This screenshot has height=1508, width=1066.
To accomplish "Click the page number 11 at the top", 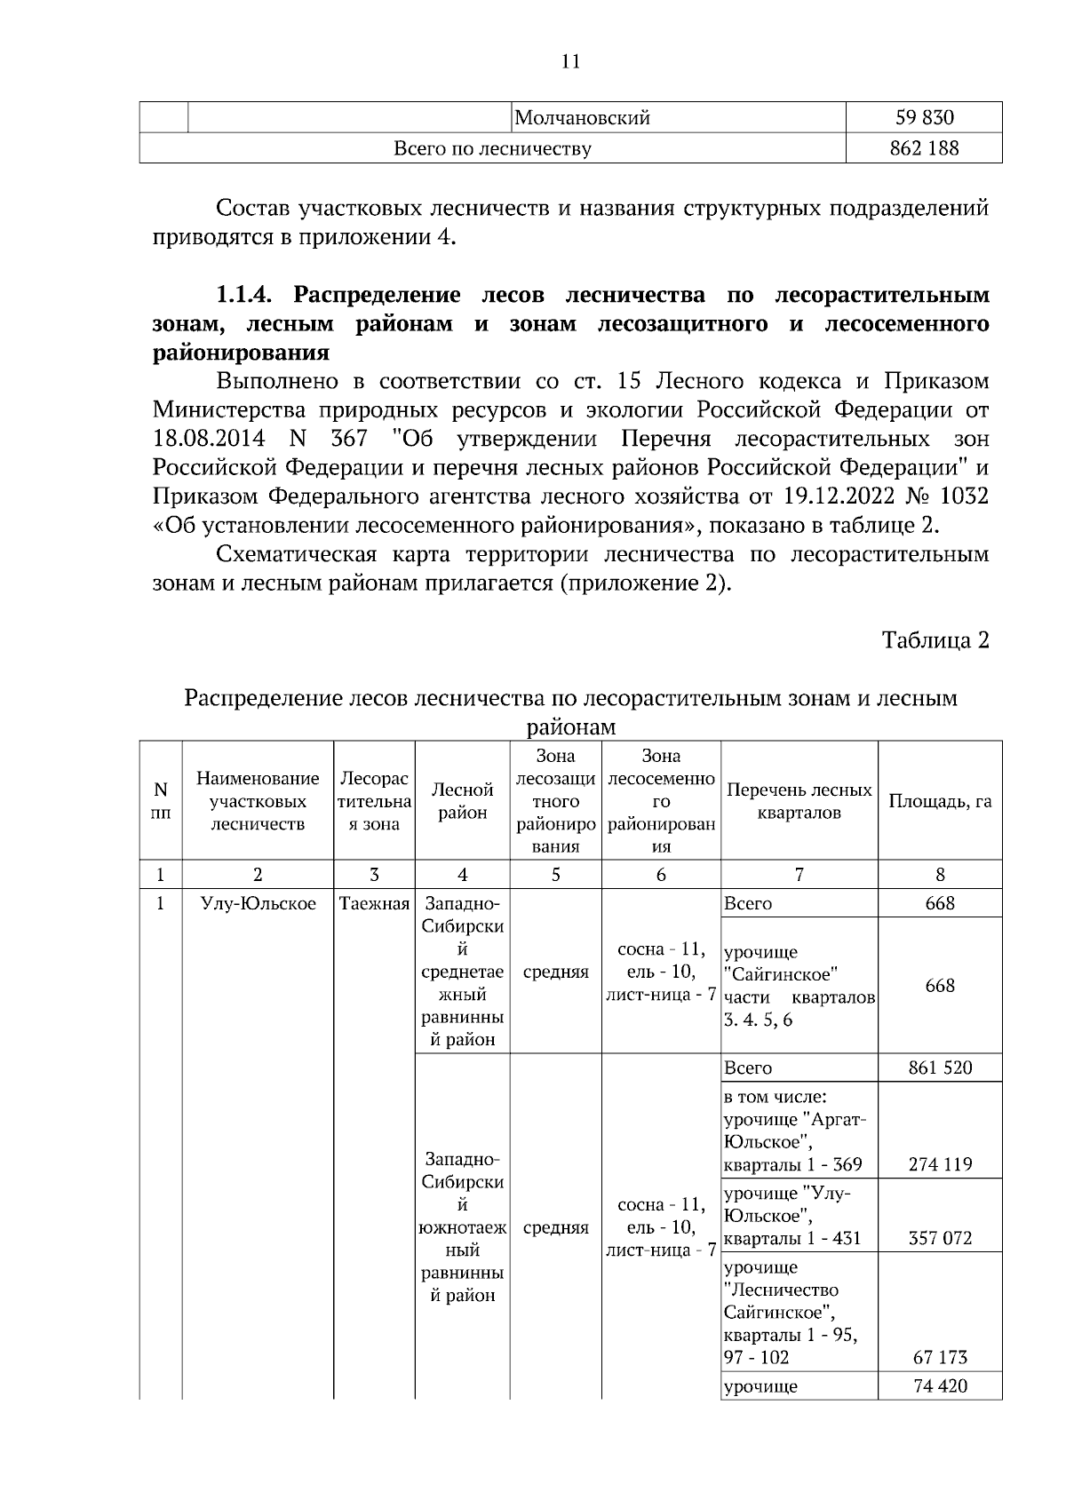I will tap(570, 61).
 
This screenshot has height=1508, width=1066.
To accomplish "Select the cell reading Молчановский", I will tap(583, 118).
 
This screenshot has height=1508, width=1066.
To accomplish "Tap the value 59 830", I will tap(924, 118).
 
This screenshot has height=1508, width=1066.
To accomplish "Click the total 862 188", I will tap(924, 148).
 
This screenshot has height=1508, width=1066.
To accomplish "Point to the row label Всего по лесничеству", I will tap(492, 148).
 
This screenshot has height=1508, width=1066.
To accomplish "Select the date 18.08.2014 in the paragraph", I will tap(206, 440).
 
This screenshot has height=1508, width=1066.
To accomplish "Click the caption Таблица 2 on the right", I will tap(935, 641).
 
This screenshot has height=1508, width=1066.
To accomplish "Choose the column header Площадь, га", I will tap(940, 801).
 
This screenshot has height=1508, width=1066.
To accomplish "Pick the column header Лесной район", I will tap(462, 801).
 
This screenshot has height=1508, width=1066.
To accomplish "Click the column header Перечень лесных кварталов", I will tap(799, 801).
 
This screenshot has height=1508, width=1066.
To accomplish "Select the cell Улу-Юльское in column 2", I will tap(258, 904).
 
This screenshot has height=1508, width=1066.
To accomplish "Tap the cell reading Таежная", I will tap(374, 904).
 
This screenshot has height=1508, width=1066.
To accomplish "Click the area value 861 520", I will tap(940, 1068).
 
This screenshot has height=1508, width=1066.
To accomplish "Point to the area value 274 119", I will tap(940, 1164).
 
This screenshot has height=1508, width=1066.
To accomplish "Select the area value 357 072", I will tap(940, 1238).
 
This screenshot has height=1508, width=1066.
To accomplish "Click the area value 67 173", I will tap(940, 1357).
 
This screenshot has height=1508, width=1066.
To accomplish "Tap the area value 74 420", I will tap(940, 1386).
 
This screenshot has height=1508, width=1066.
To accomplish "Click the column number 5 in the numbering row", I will tap(555, 875).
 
